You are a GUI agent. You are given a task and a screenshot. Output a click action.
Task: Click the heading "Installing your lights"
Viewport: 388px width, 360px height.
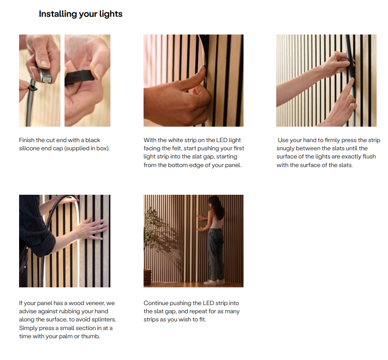click(x=81, y=14)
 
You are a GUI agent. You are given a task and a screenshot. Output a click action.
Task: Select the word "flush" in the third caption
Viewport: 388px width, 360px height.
click(x=369, y=157)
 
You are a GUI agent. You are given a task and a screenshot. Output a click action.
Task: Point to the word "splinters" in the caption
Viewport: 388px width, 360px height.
click(x=104, y=320)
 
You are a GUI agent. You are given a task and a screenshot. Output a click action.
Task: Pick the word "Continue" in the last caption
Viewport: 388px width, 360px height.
click(x=156, y=303)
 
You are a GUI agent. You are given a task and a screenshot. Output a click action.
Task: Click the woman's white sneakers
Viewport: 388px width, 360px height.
click(x=214, y=282)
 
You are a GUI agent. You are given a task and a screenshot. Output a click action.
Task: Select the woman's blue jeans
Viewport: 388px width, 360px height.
click(x=216, y=254)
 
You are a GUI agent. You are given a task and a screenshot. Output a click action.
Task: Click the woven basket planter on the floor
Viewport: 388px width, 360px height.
click(x=148, y=276)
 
